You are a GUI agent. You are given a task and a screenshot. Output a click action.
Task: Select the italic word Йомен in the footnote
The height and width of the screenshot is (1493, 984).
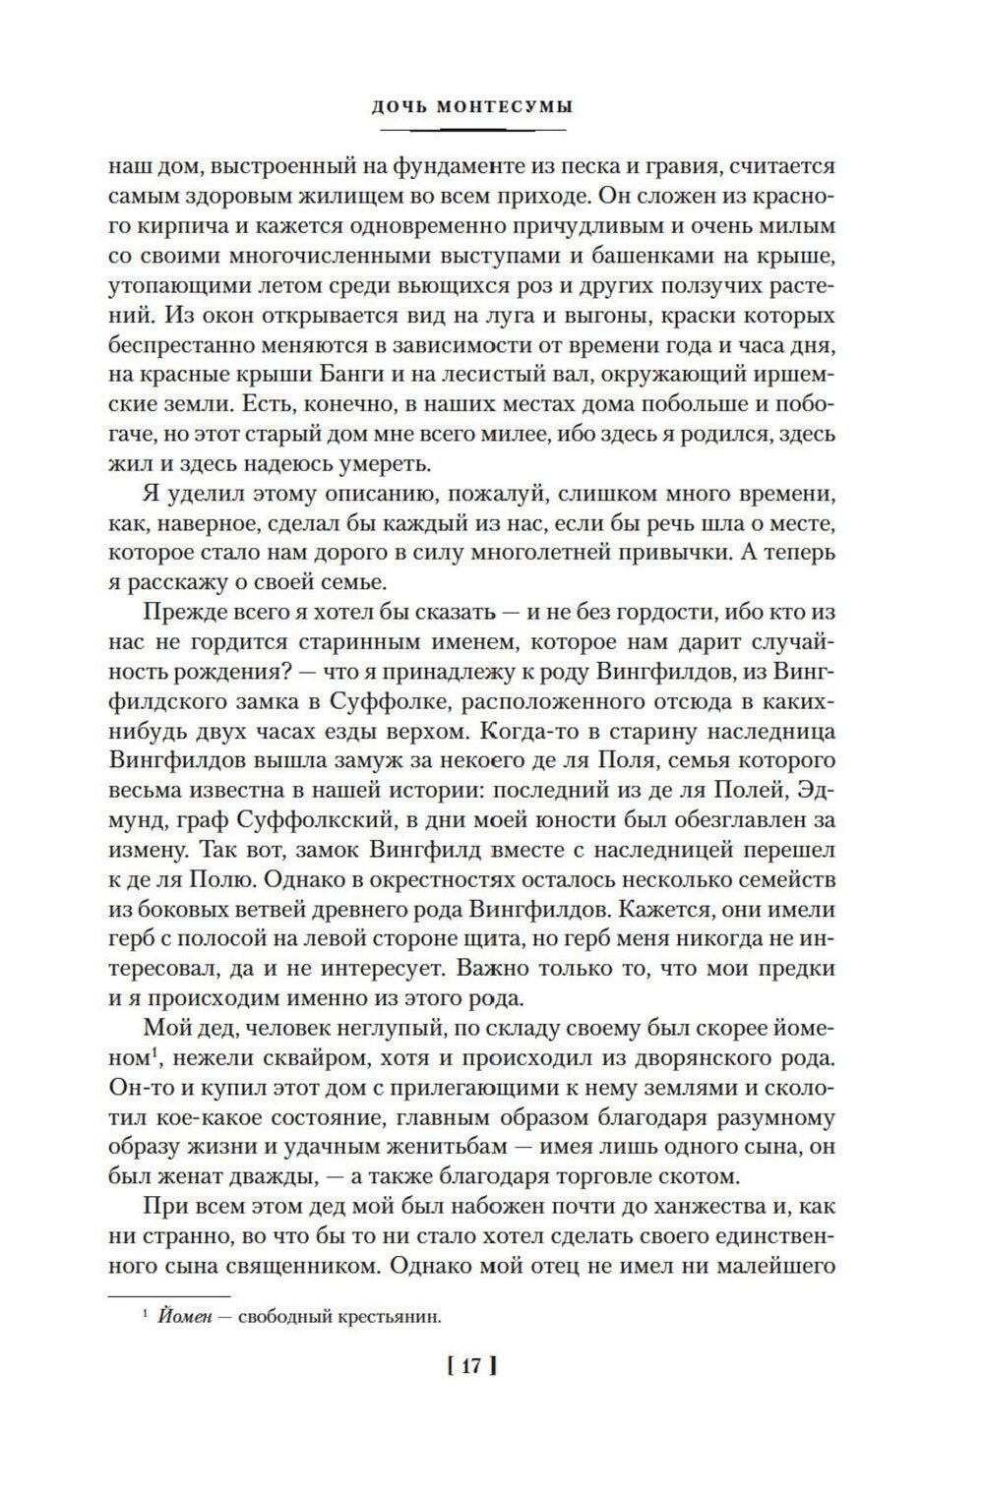[x=182, y=1318]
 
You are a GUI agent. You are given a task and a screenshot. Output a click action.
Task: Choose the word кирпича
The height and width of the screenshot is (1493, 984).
[x=172, y=225]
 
